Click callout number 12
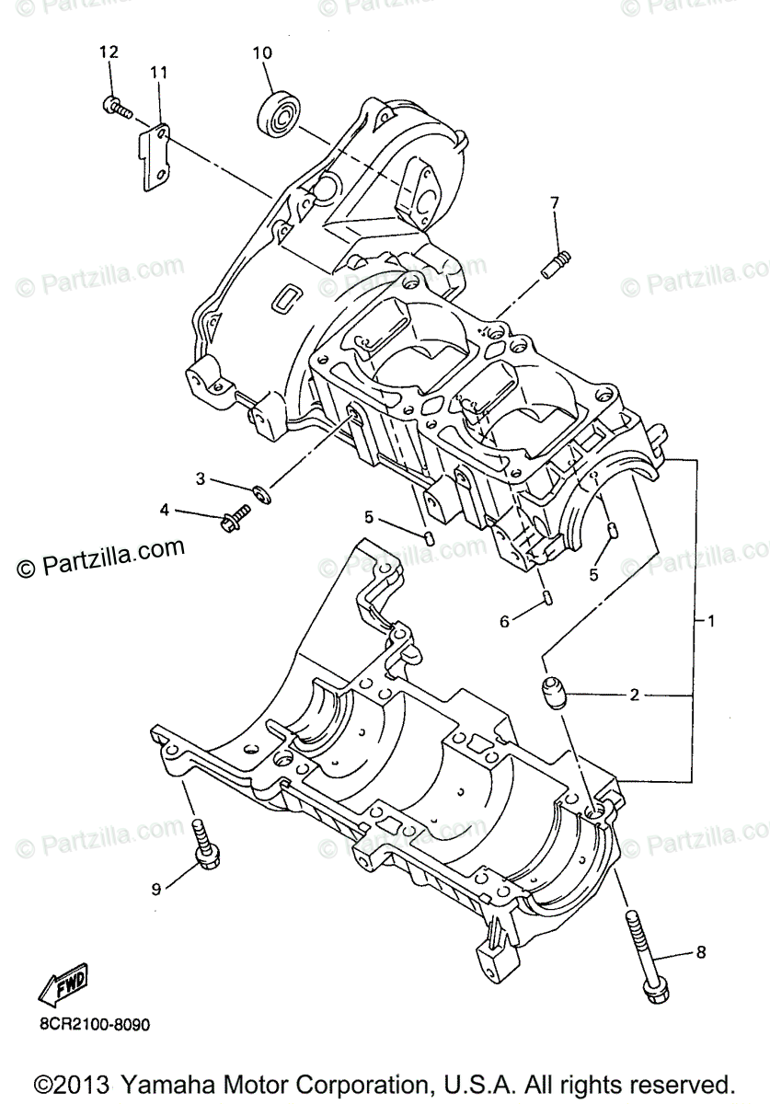[x=109, y=52]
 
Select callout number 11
[x=158, y=71]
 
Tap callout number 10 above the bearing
[x=263, y=52]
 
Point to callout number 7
[x=555, y=202]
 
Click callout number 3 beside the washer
[x=199, y=478]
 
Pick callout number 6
[x=504, y=622]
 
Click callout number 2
[x=634, y=695]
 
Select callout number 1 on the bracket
[x=711, y=621]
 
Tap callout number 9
[x=156, y=888]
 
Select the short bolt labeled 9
[x=203, y=844]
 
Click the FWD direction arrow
[x=63, y=988]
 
